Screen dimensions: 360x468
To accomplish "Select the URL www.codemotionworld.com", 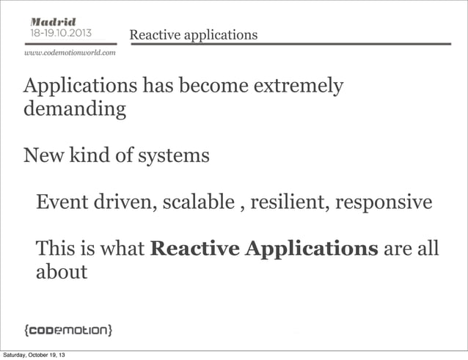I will click(x=70, y=53).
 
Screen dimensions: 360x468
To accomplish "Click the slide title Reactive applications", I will click(x=193, y=35).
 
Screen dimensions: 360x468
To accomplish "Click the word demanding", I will click(x=74, y=111).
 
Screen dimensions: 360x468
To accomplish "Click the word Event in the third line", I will click(x=62, y=202).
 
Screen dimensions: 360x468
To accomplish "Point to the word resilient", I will click(x=289, y=202).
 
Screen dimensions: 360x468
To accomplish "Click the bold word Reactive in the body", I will click(x=195, y=249).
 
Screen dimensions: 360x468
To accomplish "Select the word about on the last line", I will click(x=62, y=273).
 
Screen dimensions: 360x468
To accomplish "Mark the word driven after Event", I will click(x=120, y=202).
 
